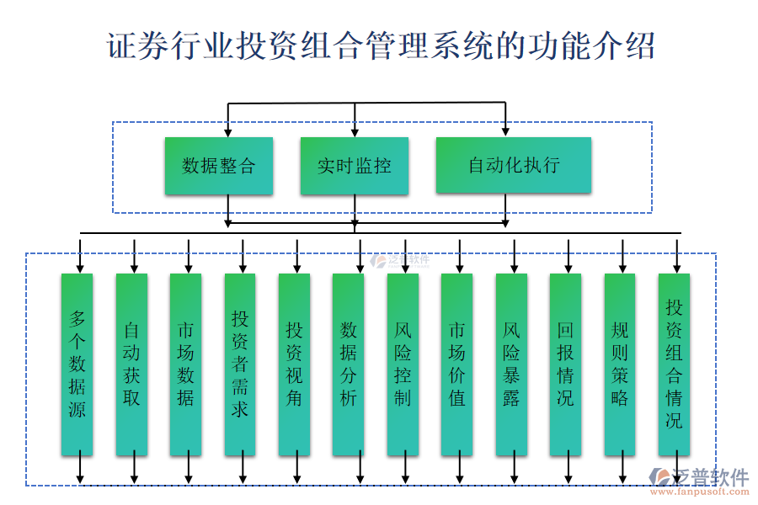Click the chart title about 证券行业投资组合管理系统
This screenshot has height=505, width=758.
coord(379,45)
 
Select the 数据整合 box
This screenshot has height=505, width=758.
coord(219,166)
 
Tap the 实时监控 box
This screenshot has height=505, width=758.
coord(355,166)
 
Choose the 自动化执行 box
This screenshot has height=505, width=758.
coord(513,166)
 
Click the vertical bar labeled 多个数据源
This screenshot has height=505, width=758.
coord(77,364)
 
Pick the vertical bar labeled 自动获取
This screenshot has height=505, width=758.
coord(131,364)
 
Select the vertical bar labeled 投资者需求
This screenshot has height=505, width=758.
coord(240,364)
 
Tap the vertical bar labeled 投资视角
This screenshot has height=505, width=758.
coord(294,364)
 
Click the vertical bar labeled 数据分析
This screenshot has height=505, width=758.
coord(349,364)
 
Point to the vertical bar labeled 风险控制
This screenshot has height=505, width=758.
coord(403,364)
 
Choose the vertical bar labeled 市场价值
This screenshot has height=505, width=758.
coord(456,364)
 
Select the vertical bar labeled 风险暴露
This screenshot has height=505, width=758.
coord(511,364)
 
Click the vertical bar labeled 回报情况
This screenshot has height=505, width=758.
coord(565,364)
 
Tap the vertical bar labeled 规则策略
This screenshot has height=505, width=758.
coord(620,364)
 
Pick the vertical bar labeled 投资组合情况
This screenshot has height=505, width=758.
coord(674,364)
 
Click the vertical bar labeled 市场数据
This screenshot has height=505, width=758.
coord(185,364)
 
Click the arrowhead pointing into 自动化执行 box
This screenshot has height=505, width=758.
coord(505,131)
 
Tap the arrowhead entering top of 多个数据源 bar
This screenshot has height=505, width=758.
coord(80,268)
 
